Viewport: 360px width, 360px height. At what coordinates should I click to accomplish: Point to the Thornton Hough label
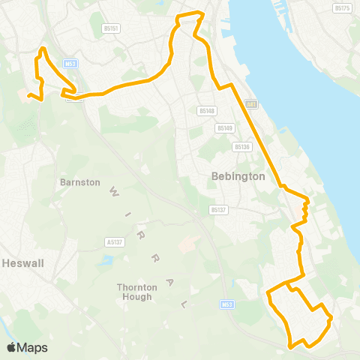pyautogui.click(x=136, y=292)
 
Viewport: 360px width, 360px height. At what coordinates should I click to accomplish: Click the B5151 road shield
pyautogui.click(x=112, y=28)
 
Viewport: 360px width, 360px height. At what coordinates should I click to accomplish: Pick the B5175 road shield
pyautogui.click(x=341, y=7)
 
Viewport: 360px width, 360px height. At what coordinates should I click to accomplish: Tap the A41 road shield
pyautogui.click(x=250, y=104)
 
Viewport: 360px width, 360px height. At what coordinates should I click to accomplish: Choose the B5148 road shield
pyautogui.click(x=207, y=111)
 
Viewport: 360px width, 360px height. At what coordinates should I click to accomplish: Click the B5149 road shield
pyautogui.click(x=224, y=128)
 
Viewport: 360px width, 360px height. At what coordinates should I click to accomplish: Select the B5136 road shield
pyautogui.click(x=241, y=146)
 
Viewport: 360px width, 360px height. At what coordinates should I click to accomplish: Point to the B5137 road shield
pyautogui.click(x=218, y=210)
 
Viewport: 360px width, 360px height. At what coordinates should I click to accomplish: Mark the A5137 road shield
pyautogui.click(x=114, y=242)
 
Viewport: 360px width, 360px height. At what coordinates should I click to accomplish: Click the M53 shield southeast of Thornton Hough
pyautogui.click(x=228, y=304)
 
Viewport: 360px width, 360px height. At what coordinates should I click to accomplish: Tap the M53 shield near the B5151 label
pyautogui.click(x=71, y=64)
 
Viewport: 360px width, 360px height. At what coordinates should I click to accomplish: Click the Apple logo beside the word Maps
pyautogui.click(x=11, y=347)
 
